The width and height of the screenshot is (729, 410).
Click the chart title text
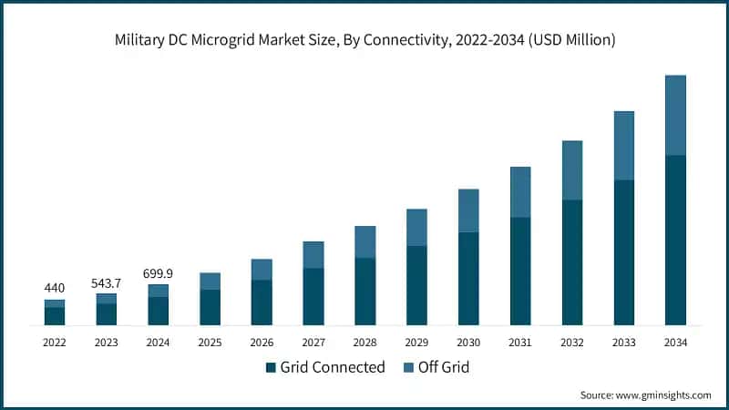click(364, 41)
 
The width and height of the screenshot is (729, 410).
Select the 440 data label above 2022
click(55, 288)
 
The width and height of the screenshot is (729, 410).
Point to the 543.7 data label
click(107, 282)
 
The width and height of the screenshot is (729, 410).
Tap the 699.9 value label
click(158, 273)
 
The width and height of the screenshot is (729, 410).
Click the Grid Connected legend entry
click(325, 367)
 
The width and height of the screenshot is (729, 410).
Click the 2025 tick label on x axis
click(210, 342)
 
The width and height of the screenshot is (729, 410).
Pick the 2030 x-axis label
click(468, 342)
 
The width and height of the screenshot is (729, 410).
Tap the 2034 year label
click(675, 342)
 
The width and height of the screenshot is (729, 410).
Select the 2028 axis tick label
click(364, 342)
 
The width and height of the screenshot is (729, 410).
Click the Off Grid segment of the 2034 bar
click(675, 115)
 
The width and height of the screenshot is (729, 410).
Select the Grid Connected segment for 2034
click(675, 241)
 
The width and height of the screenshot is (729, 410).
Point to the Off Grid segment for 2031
click(520, 191)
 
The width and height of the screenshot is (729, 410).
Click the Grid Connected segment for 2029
click(416, 285)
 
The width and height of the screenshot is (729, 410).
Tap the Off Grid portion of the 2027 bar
click(313, 254)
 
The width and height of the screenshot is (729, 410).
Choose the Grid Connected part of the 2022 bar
click(55, 316)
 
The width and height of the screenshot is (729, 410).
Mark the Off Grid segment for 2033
click(623, 146)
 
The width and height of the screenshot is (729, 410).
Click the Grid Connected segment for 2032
click(572, 262)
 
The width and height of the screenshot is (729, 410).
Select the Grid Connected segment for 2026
click(262, 302)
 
